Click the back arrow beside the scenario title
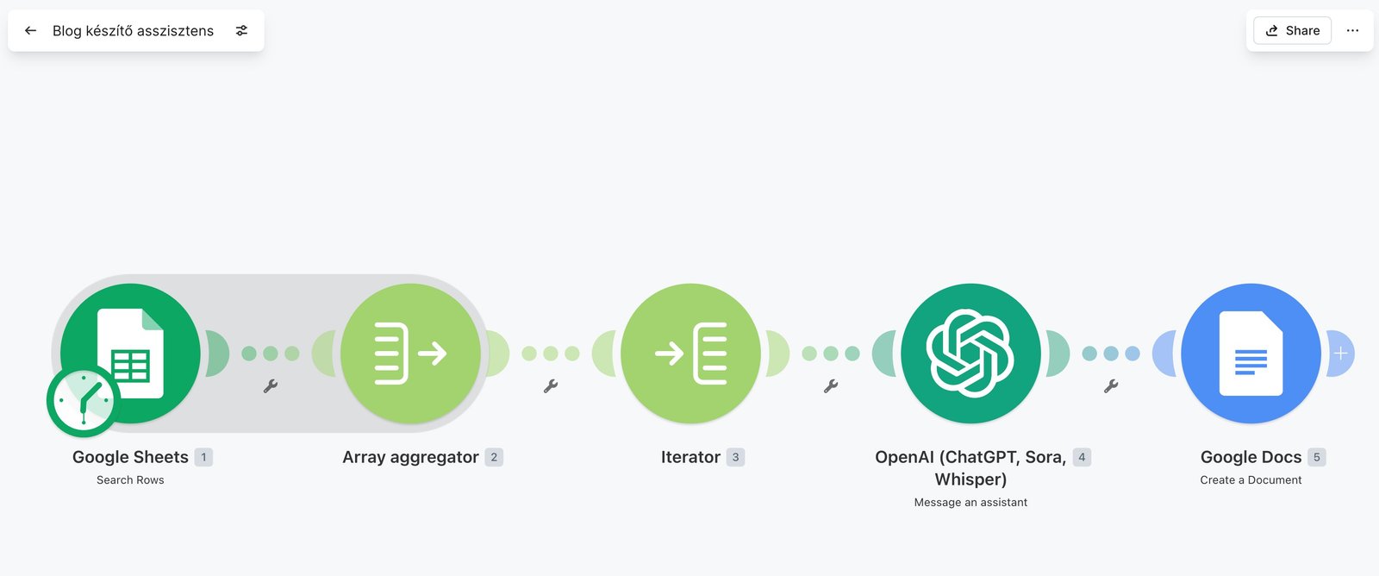pyautogui.click(x=30, y=31)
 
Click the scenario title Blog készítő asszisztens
pyautogui.click(x=133, y=31)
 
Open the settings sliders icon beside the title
pyautogui.click(x=242, y=31)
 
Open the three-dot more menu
pyautogui.click(x=1352, y=31)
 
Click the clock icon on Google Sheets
pyautogui.click(x=83, y=401)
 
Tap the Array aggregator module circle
pyautogui.click(x=410, y=354)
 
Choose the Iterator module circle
pyautogui.click(x=690, y=354)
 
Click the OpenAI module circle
pyautogui.click(x=970, y=354)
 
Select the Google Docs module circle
pyautogui.click(x=1251, y=354)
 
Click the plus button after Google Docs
pyautogui.click(x=1341, y=354)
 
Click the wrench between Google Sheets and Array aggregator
pyautogui.click(x=271, y=386)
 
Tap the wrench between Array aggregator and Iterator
pyautogui.click(x=551, y=386)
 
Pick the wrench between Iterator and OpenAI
pyautogui.click(x=831, y=386)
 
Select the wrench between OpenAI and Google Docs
pyautogui.click(x=1111, y=386)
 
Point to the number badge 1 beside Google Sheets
pyautogui.click(x=203, y=457)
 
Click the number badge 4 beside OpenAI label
pyautogui.click(x=1083, y=457)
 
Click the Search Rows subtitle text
pyautogui.click(x=130, y=480)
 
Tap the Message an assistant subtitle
pyautogui.click(x=970, y=502)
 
